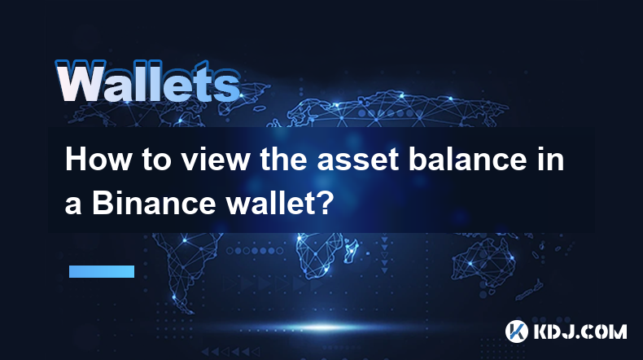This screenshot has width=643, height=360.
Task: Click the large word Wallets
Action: pos(147,82)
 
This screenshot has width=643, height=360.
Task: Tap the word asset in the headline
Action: pos(357,160)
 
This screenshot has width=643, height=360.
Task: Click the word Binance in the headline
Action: pos(154,202)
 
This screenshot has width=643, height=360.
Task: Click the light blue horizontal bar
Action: pos(102,271)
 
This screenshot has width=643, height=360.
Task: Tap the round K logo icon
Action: pos(516,331)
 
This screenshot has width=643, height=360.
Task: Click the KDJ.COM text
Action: pos(580,331)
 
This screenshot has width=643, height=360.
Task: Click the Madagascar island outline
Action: pos(351,248)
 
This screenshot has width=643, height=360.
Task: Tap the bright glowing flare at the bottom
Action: pos(322,327)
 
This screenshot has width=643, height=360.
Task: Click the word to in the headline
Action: pos(156,160)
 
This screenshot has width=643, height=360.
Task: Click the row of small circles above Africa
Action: pos(255,250)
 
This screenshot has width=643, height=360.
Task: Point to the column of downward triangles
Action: pos(384,254)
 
